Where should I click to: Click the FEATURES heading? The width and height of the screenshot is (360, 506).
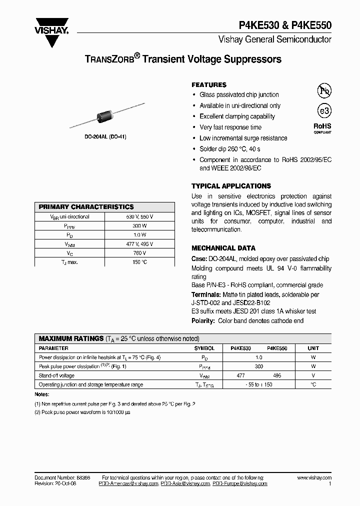click(209, 85)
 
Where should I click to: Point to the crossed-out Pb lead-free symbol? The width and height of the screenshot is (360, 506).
click(324, 90)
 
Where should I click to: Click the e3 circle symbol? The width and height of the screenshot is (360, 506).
click(324, 110)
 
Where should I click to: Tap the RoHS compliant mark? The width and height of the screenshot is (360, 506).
click(322, 128)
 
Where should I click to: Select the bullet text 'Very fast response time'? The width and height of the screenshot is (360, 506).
click(230, 127)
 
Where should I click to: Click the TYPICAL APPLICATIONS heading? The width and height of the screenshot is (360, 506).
click(231, 186)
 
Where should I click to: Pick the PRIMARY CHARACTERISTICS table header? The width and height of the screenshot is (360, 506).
click(86, 207)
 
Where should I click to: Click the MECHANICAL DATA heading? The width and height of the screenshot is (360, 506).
click(223, 248)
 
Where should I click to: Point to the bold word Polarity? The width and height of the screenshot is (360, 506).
click(203, 321)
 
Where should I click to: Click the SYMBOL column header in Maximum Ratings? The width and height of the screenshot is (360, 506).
click(204, 348)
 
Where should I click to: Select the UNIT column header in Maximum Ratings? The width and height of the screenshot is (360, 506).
click(313, 348)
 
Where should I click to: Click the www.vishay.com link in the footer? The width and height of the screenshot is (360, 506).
click(314, 478)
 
